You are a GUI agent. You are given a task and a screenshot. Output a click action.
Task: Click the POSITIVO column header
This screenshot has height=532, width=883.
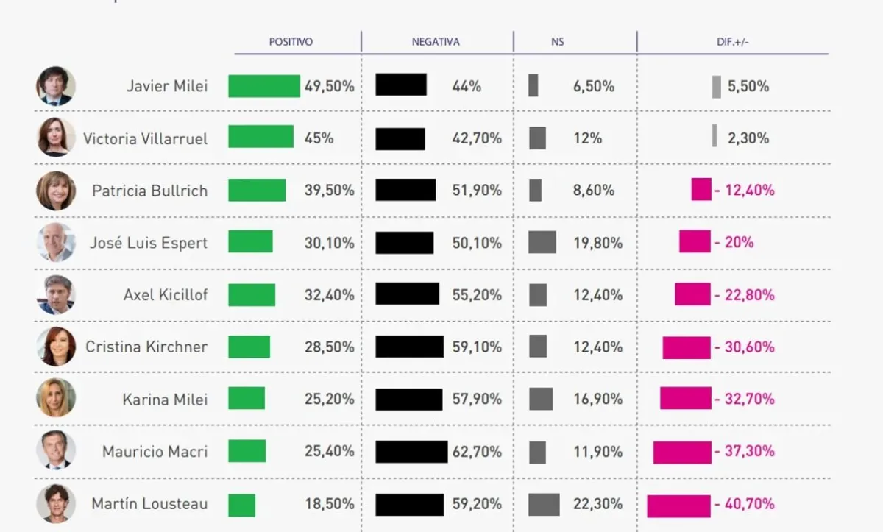coord(291,42)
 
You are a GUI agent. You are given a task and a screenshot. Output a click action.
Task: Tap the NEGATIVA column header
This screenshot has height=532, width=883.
coord(436,42)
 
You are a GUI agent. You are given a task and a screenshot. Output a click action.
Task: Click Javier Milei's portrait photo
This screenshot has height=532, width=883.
coord(56,86)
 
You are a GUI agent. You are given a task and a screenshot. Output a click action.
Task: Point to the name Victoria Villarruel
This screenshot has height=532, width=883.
coord(145,138)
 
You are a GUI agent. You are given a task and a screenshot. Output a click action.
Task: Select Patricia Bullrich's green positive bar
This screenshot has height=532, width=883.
coord(257,190)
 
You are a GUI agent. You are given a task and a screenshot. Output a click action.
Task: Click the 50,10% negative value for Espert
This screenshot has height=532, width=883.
coord(477,243)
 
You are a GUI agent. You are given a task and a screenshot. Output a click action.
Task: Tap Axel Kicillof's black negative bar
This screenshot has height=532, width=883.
coord(407,294)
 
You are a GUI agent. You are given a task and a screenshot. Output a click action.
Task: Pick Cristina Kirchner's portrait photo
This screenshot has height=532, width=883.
coord(56,347)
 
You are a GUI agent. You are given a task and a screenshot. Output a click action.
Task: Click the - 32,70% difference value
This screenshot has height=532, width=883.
coord(745,399)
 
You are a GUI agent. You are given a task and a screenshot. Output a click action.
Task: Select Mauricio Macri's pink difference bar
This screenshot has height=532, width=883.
coord(682,452)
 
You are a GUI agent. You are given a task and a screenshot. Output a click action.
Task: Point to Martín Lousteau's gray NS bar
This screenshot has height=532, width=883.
coord(544,504)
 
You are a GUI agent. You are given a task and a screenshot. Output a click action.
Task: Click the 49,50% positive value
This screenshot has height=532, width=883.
coord(329,86)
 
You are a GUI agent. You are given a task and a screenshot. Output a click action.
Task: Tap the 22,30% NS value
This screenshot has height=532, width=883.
coord(597,504)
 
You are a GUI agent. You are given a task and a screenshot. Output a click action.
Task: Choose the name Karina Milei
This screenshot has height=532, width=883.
coord(165,399)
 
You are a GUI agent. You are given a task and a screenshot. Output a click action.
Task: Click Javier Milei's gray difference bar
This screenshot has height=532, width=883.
coord(717,86)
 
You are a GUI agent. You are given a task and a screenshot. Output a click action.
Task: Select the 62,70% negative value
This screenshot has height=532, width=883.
coord(477,451)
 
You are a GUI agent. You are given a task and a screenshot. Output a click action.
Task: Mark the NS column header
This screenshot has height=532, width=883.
coord(557,42)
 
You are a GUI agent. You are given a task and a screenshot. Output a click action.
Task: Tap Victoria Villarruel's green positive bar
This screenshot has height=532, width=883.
coord(260,137)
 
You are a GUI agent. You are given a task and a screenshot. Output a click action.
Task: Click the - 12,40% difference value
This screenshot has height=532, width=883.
coord(745,191)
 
